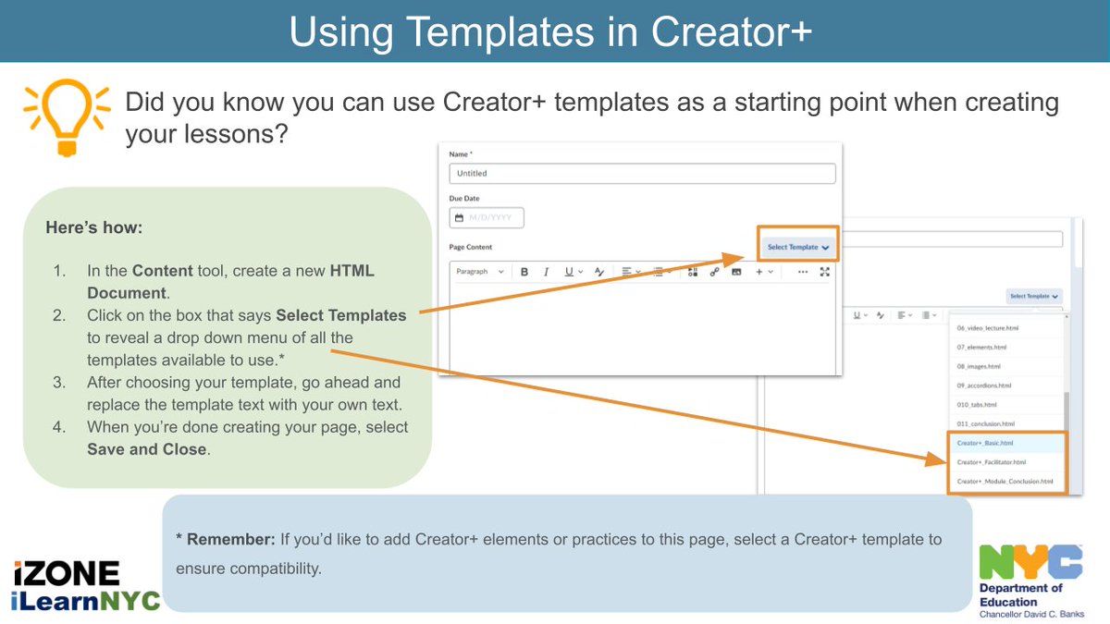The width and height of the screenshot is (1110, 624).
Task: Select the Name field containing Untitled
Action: [642, 173]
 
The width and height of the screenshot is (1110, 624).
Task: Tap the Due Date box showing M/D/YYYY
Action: [487, 218]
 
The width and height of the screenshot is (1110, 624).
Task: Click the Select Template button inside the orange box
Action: [796, 247]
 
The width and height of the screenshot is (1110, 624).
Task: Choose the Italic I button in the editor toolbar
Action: [546, 272]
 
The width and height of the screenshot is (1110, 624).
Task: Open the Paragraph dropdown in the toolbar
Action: [480, 272]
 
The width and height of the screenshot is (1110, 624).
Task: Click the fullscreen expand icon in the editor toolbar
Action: [825, 272]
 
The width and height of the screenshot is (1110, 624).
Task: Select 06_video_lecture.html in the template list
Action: [987, 328]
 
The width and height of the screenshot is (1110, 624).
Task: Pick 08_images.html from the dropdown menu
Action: [978, 366]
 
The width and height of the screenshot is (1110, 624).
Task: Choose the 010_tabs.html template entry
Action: [976, 405]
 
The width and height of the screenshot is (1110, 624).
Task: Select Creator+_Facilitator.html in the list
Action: [991, 461]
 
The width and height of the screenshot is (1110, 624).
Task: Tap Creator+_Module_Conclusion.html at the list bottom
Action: [1005, 481]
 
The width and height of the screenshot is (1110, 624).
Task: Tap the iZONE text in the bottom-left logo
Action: [67, 573]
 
